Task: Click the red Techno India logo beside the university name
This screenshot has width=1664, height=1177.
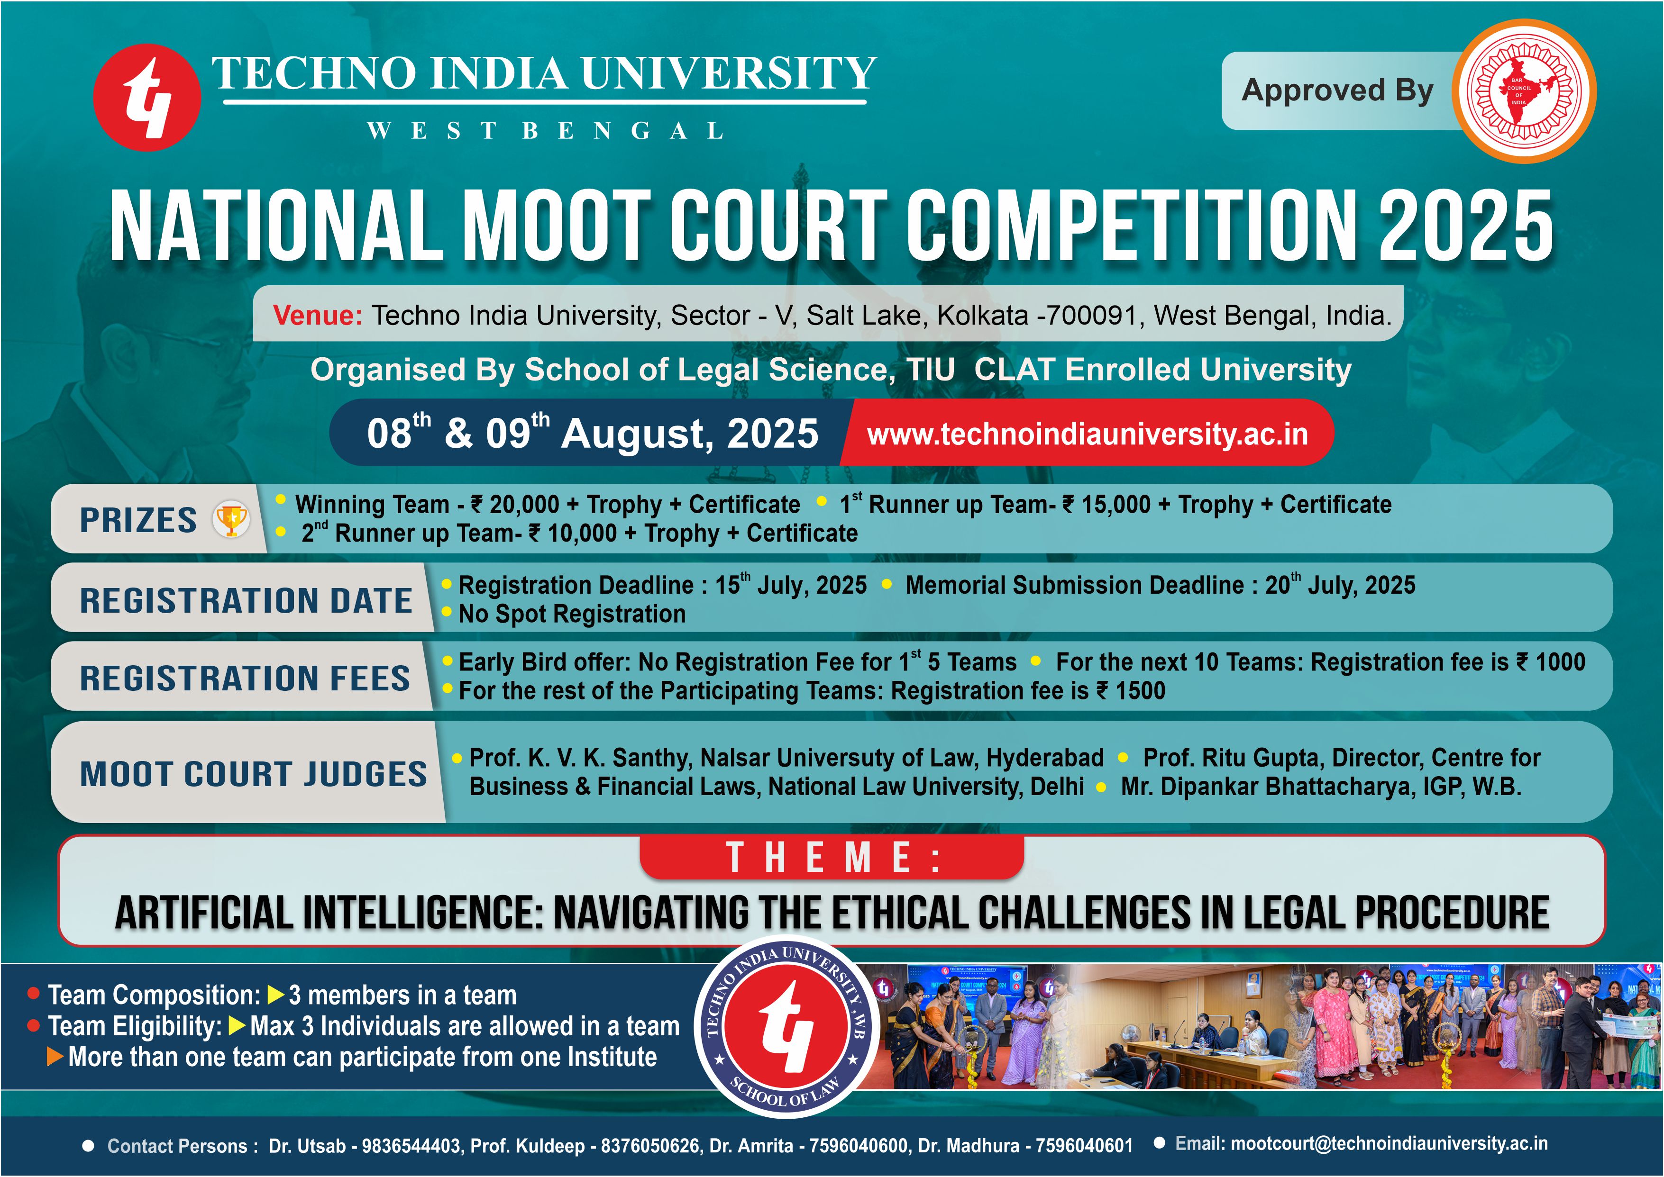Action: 147,97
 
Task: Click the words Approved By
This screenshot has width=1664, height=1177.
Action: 1338,91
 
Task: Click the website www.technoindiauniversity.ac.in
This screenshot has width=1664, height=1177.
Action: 1088,434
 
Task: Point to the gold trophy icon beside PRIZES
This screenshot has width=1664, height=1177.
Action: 231,519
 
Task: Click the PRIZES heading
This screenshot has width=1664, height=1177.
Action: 138,520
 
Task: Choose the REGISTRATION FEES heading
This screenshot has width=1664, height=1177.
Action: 245,679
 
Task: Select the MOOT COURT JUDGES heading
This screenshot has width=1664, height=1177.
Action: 254,774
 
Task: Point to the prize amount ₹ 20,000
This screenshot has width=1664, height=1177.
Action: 515,505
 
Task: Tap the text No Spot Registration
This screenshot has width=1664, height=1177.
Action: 572,614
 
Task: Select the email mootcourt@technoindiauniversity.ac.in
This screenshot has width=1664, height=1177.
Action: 1389,1144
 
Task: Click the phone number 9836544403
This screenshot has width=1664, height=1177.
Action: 411,1146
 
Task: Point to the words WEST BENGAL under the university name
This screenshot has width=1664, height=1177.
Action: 545,131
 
